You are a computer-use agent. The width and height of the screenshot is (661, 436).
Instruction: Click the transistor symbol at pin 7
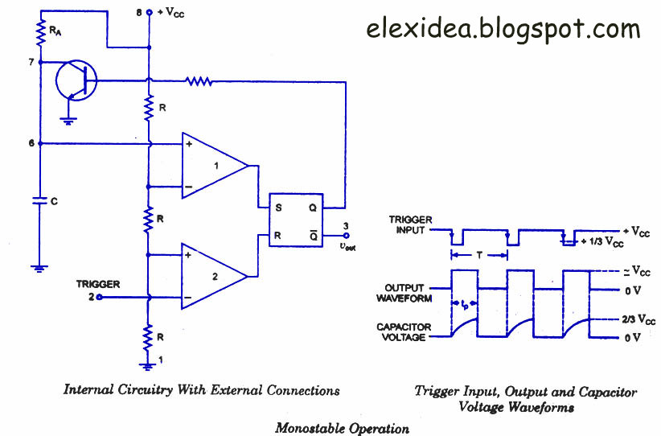(76, 81)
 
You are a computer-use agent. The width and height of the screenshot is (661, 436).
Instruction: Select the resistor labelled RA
(41, 33)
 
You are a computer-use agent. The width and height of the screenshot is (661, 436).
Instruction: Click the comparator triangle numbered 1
(215, 165)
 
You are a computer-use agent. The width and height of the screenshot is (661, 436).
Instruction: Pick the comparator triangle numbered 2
(214, 276)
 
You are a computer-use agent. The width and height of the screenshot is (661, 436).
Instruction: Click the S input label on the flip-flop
(278, 208)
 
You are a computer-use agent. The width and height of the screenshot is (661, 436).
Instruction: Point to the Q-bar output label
(314, 235)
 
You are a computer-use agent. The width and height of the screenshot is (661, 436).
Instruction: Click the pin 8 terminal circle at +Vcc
(149, 13)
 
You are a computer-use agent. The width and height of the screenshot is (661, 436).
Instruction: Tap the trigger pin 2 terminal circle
(100, 298)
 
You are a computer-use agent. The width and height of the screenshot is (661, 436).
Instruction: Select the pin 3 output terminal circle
(346, 236)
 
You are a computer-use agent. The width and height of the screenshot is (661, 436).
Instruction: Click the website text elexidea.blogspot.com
(503, 30)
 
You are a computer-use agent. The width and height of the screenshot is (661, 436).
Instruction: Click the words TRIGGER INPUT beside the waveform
(410, 224)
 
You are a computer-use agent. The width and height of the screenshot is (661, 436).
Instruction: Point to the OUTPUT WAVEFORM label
(404, 293)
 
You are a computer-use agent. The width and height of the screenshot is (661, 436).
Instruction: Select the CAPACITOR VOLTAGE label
(404, 332)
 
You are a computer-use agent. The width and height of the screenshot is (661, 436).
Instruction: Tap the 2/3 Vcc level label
(638, 319)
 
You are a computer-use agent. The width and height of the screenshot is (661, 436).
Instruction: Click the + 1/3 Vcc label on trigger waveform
(602, 242)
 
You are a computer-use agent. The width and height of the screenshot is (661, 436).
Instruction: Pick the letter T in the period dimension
(479, 255)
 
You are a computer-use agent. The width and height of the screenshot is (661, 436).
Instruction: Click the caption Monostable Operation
(342, 429)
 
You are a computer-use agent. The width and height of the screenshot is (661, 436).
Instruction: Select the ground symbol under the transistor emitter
(68, 121)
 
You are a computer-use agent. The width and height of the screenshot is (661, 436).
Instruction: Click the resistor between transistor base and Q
(199, 81)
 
